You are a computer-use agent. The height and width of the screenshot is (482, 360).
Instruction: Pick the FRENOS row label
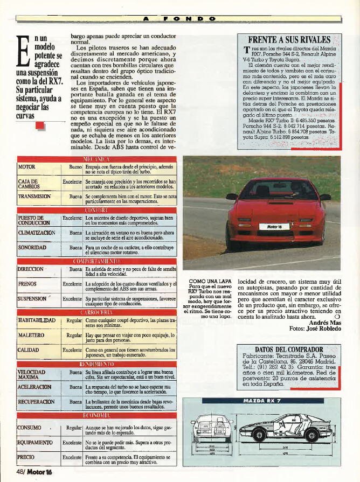coord(27,283)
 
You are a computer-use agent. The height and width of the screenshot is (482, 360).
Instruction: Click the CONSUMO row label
coord(30,428)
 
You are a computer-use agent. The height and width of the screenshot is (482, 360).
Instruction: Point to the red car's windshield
coord(276,189)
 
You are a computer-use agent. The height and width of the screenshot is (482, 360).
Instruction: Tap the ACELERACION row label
coord(35,387)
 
